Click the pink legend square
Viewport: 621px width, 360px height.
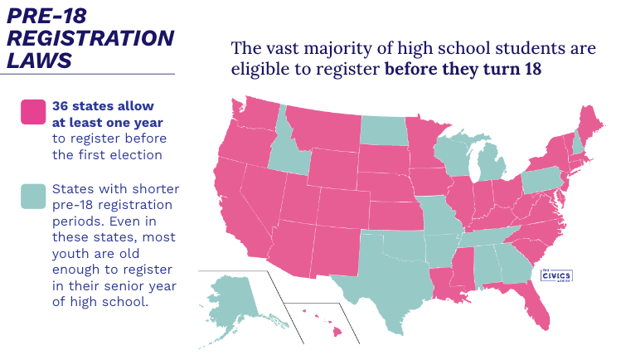[33, 112]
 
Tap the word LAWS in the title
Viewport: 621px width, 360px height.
[39, 60]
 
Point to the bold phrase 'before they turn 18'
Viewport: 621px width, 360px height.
[463, 68]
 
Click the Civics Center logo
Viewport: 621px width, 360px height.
[556, 276]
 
